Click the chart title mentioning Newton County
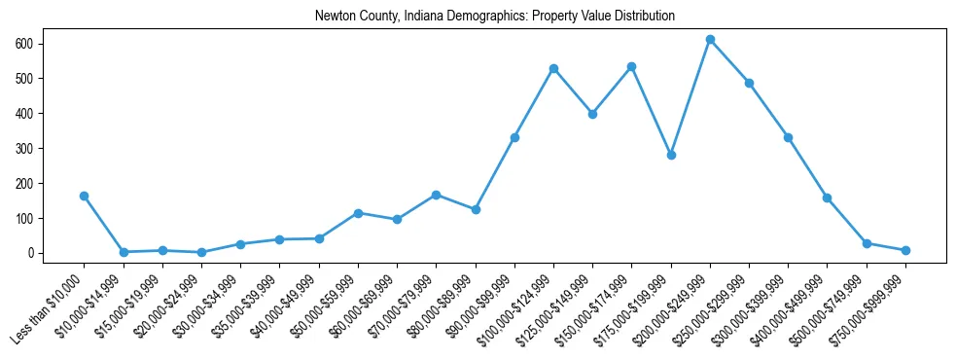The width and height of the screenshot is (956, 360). pyautogui.click(x=494, y=17)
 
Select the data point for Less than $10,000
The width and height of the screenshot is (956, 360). pyautogui.click(x=85, y=196)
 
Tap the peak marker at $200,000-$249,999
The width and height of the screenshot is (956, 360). pyautogui.click(x=710, y=40)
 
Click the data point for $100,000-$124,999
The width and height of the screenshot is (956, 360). pyautogui.click(x=553, y=68)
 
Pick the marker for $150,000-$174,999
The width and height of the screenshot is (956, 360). pyautogui.click(x=632, y=66)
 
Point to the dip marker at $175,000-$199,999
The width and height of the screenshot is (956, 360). pyautogui.click(x=671, y=155)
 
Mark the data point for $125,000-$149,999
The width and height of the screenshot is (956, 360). pyautogui.click(x=592, y=114)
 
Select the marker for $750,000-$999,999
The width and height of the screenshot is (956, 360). pyautogui.click(x=905, y=250)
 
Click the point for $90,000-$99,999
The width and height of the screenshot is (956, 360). pyautogui.click(x=514, y=137)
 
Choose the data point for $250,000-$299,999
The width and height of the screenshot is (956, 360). pyautogui.click(x=749, y=83)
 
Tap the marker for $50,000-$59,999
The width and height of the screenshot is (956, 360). pyautogui.click(x=358, y=213)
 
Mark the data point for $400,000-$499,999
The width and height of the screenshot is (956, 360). pyautogui.click(x=827, y=198)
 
